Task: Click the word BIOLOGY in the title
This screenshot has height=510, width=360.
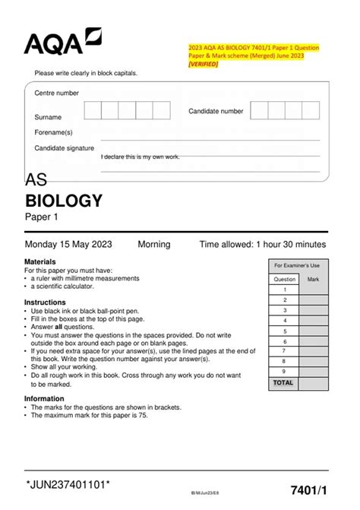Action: coord(64,201)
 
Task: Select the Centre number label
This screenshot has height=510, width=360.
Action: coord(56,93)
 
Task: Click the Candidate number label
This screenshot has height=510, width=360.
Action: coord(216,111)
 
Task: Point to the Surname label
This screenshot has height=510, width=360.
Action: coord(48,118)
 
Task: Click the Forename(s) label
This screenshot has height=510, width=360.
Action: coord(53,132)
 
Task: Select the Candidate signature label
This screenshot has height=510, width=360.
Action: coord(65,148)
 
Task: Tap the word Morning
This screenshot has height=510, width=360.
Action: coord(153,245)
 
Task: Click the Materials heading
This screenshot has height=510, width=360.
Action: coord(46,261)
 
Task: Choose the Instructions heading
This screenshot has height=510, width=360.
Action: coord(50,303)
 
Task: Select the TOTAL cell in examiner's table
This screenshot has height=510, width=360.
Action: coord(283,383)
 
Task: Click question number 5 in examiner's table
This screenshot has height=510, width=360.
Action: coord(285,331)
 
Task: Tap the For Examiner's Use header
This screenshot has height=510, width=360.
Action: coord(297,265)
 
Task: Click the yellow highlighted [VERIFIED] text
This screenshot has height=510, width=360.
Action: coord(203,64)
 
